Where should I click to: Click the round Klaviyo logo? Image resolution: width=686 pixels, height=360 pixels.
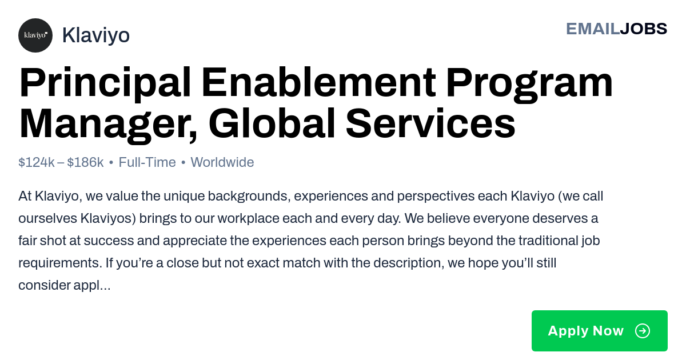click(x=35, y=35)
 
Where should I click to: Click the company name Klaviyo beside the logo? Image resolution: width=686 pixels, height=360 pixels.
click(x=96, y=35)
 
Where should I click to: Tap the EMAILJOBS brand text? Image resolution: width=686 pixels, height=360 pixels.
click(x=616, y=29)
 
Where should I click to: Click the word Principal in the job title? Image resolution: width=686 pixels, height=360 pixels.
click(x=105, y=83)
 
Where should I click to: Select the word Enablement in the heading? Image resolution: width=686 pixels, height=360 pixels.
click(x=318, y=83)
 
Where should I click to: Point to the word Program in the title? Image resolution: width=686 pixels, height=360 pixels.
click(x=529, y=85)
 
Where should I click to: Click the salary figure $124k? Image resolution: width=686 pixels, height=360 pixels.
click(x=37, y=162)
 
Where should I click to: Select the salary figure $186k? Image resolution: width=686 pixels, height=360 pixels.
click(x=85, y=162)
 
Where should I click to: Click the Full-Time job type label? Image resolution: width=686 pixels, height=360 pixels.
click(x=147, y=162)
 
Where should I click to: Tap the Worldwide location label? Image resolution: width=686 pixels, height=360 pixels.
click(x=222, y=162)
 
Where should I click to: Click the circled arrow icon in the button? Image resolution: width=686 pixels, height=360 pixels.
click(x=643, y=331)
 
